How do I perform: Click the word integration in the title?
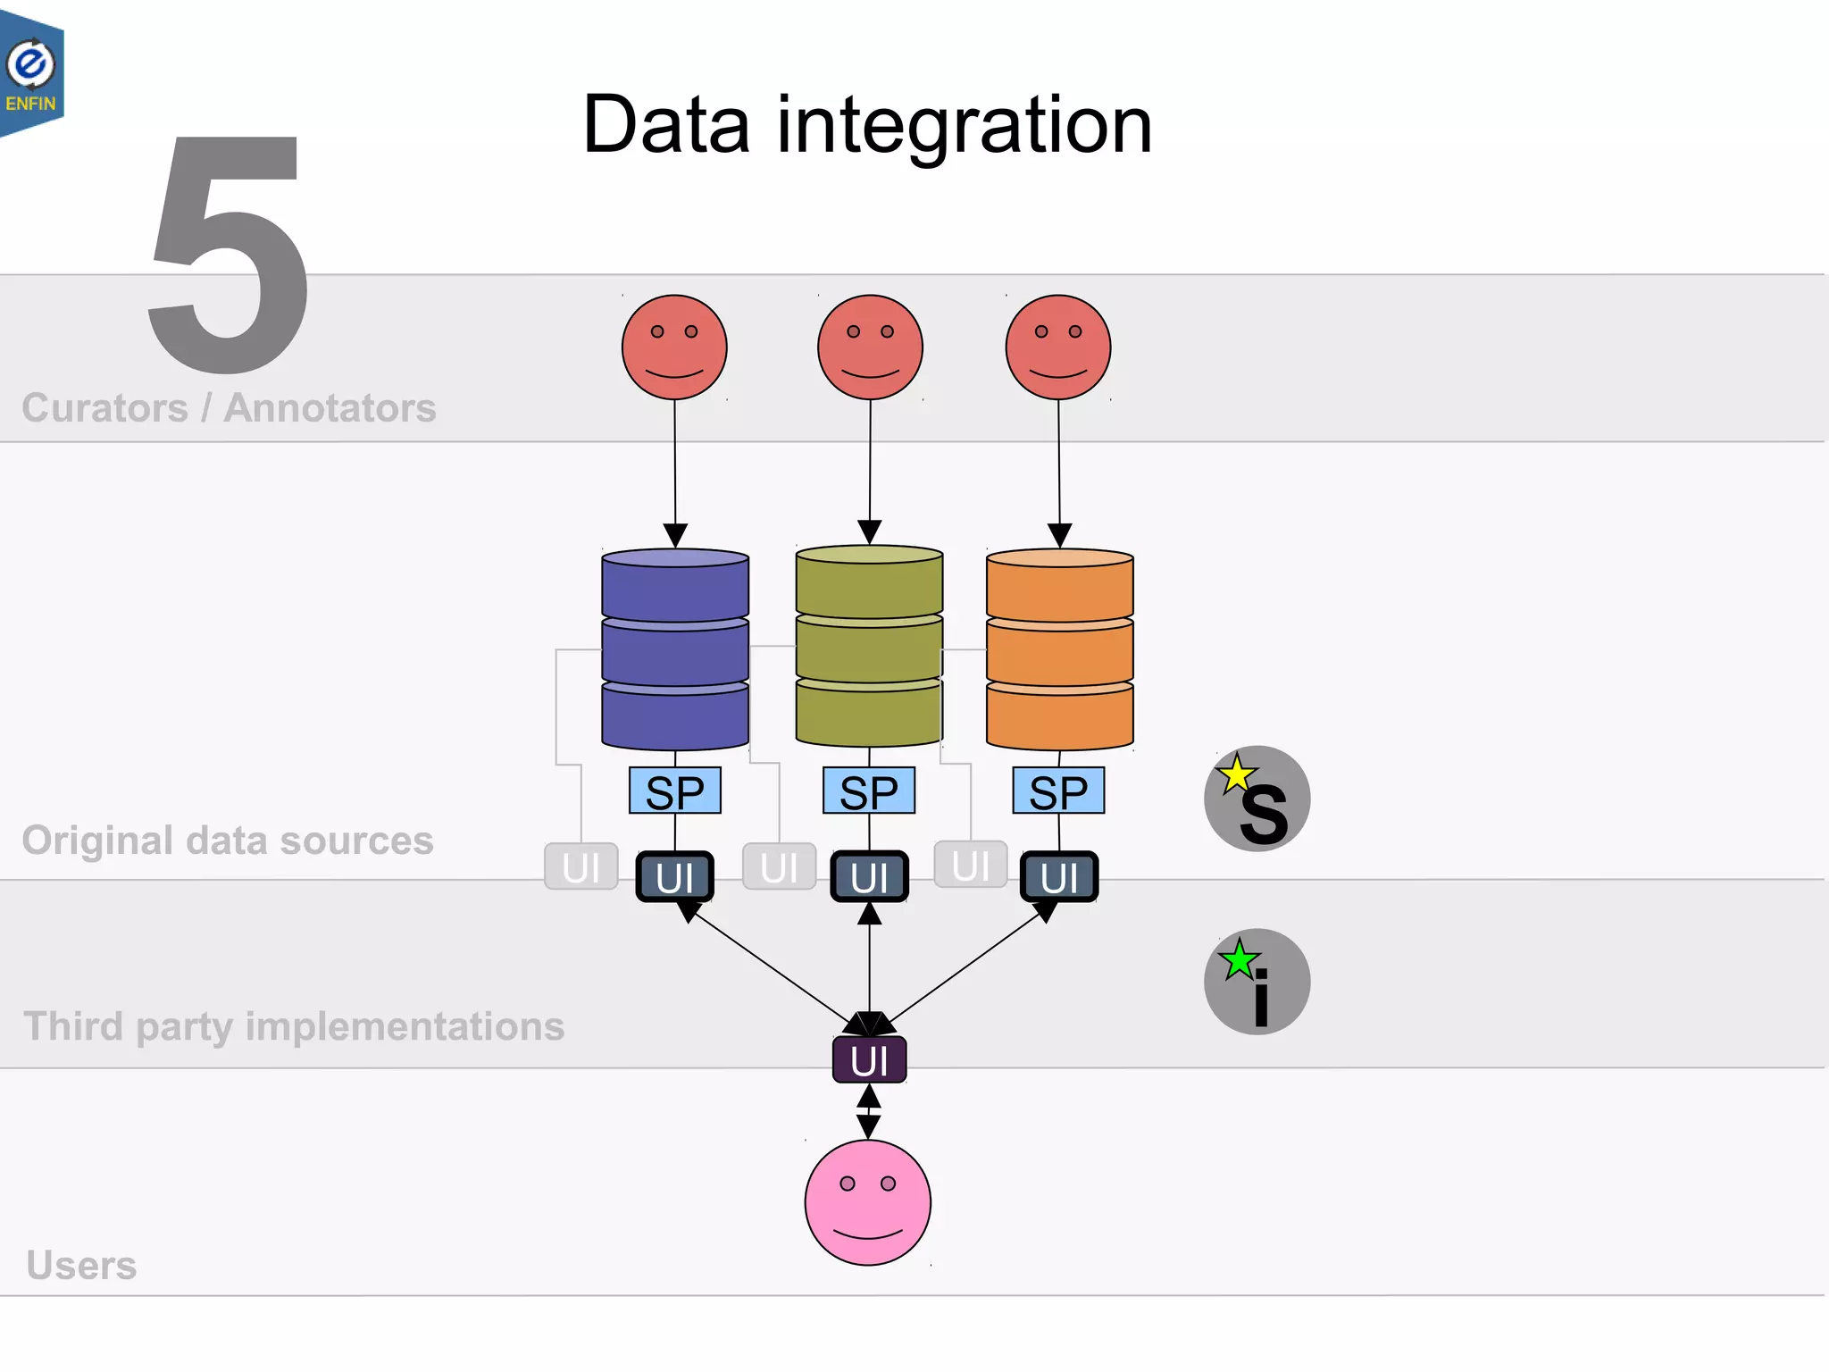(965, 126)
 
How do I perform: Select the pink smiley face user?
(867, 1202)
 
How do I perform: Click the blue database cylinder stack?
(675, 649)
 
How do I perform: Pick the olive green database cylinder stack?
(869, 646)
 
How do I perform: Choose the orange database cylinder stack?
(1059, 649)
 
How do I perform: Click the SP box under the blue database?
(675, 791)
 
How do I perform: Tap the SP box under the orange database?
(1058, 791)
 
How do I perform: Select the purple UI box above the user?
(869, 1060)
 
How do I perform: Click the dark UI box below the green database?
(869, 876)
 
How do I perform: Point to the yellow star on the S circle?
(1236, 774)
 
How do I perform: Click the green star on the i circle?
(1239, 960)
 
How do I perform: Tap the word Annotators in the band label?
(330, 408)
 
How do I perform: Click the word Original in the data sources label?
(97, 841)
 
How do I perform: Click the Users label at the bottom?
(81, 1265)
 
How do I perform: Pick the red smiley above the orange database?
(1058, 347)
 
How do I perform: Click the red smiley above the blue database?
(674, 347)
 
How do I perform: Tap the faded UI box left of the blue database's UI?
(581, 866)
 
